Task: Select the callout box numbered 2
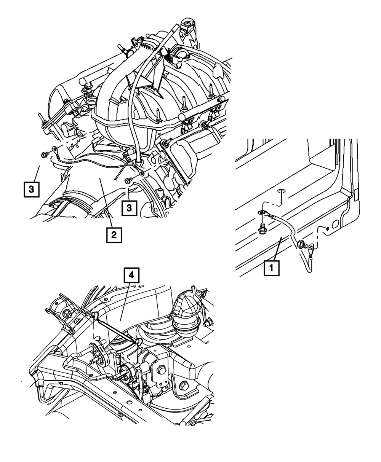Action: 113,235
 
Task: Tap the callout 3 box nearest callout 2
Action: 130,208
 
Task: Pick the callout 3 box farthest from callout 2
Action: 32,189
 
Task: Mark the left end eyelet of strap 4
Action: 94,315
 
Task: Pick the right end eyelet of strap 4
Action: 138,342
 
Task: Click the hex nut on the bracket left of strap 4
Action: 67,314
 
